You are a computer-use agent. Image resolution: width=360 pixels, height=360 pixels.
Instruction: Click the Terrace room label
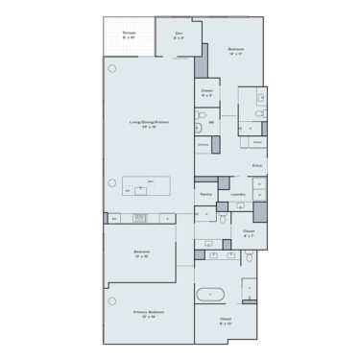(129, 36)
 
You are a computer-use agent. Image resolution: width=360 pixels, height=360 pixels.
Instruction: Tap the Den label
(179, 36)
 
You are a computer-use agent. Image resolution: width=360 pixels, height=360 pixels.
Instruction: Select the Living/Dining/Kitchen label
(150, 124)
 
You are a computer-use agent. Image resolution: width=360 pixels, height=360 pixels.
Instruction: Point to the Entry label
(256, 166)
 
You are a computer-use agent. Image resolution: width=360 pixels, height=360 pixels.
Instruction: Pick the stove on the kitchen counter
(140, 218)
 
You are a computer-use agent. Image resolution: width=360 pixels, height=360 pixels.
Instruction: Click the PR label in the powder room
(211, 123)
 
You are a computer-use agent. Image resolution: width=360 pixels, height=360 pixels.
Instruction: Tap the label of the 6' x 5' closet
(206, 94)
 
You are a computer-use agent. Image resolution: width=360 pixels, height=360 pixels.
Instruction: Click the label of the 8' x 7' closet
(248, 233)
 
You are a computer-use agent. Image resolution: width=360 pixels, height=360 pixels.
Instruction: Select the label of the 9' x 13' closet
(226, 321)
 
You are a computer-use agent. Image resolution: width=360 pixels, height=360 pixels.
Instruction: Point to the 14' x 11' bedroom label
(235, 52)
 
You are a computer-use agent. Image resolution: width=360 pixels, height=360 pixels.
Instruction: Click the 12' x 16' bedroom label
(142, 254)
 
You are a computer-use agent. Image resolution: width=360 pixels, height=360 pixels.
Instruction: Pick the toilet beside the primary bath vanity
(252, 256)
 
